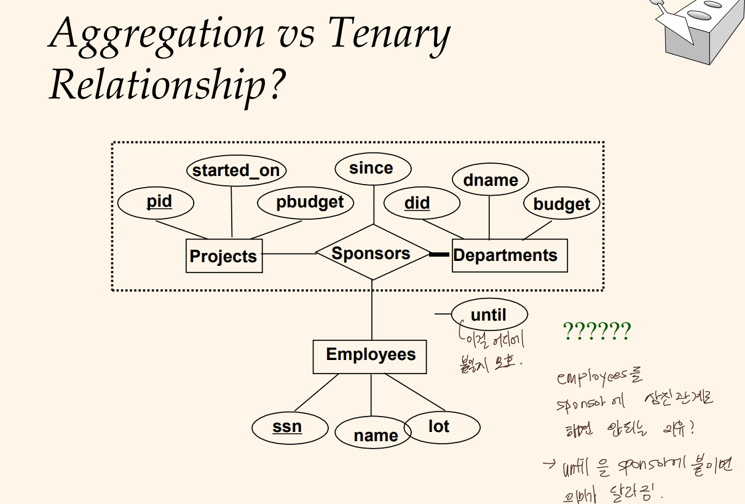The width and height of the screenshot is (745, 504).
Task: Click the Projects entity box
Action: (224, 256)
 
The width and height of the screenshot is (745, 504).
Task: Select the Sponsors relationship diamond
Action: (372, 253)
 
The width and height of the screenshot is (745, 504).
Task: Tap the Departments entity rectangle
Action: (509, 255)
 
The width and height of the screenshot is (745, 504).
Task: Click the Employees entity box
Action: (370, 356)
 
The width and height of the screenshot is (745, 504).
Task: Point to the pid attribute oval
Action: (155, 202)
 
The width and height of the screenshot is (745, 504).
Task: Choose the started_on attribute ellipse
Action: (236, 170)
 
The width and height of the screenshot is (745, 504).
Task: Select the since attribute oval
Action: (372, 168)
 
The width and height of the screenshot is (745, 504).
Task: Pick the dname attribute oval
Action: (490, 180)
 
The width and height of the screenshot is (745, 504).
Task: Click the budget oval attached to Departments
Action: (561, 204)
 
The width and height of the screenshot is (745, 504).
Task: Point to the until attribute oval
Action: (489, 315)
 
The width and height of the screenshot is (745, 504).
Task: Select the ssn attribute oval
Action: (287, 426)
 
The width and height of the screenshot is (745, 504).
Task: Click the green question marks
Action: (596, 332)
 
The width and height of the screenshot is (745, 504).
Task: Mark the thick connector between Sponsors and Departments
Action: (440, 254)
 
